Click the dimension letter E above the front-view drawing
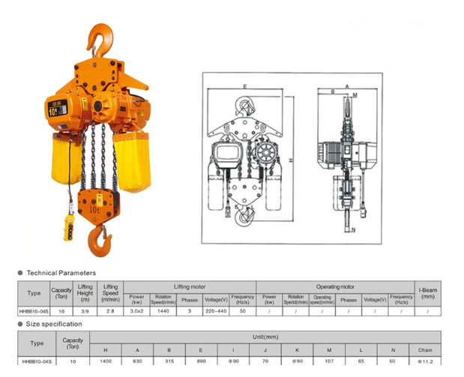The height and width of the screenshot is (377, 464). [x=244, y=88]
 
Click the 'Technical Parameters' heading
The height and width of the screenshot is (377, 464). [x=61, y=273]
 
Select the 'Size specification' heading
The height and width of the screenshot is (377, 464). [x=54, y=324]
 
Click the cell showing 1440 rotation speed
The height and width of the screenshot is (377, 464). [x=163, y=310]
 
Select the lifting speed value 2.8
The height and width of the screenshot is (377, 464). [x=110, y=310]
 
